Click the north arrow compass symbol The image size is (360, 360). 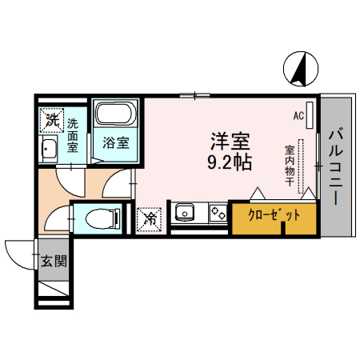[x=298, y=68]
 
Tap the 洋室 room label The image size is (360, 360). [x=230, y=142]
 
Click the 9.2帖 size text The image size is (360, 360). [x=230, y=162]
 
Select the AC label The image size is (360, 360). [x=298, y=116]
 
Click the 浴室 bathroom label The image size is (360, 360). [x=115, y=144]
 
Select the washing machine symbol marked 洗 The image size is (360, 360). [x=51, y=122]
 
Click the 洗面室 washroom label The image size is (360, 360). [x=73, y=137]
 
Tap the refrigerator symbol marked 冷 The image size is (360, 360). [x=150, y=217]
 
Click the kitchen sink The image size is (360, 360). [x=186, y=214]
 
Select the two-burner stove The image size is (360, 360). [x=218, y=214]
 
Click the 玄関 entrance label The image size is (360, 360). [x=54, y=260]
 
